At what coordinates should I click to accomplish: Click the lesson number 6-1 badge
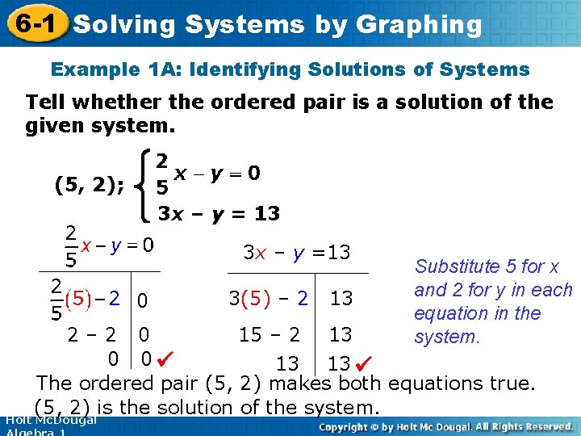(33, 24)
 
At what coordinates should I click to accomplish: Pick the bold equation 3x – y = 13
(219, 214)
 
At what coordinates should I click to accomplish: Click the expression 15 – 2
(270, 333)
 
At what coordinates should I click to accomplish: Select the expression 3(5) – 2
(268, 298)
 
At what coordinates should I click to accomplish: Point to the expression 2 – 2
(94, 333)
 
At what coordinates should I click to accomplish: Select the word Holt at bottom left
(18, 419)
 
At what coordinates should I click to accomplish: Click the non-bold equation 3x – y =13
(296, 253)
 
